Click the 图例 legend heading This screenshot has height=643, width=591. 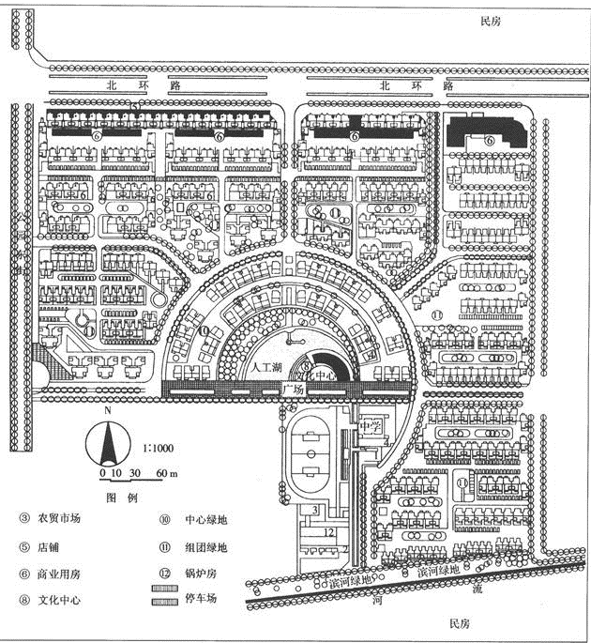(x=122, y=496)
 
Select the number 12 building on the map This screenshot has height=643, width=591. (x=328, y=532)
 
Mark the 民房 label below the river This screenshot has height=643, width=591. (x=459, y=624)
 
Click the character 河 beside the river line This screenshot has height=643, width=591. (x=379, y=605)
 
